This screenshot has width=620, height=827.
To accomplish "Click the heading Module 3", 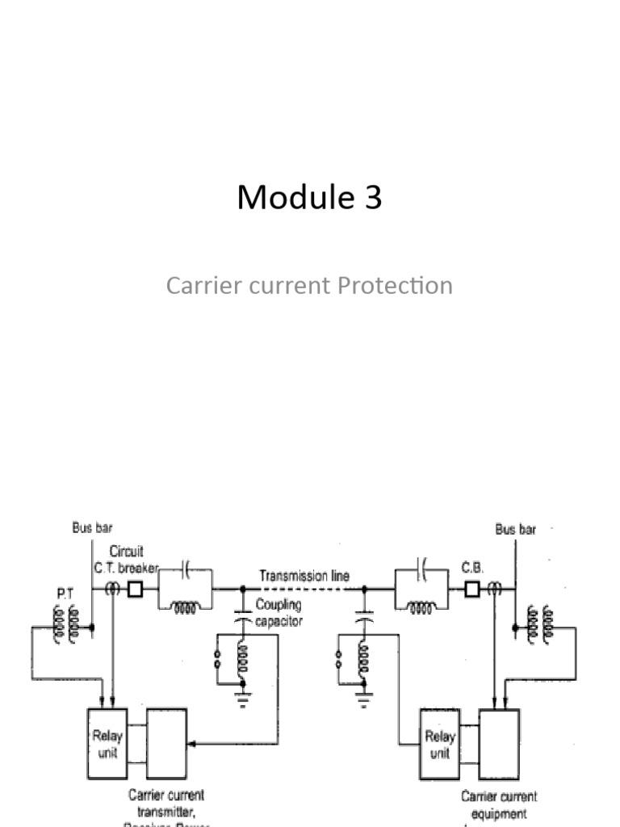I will (309, 198).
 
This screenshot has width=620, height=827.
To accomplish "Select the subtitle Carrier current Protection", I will (309, 285).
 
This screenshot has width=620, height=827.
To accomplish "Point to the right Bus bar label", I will (514, 530).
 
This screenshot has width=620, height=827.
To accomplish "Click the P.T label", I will (65, 593).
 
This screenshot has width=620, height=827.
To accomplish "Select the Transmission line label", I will (304, 577).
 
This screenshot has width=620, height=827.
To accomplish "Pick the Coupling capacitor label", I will (279, 613).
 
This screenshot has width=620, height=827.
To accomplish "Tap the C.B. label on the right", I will (472, 568).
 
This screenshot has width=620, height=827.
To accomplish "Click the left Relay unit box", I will (107, 744).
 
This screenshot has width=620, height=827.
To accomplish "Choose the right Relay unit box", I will (440, 744).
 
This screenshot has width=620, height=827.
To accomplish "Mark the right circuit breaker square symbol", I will (471, 590).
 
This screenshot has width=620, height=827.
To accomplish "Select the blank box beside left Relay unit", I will (166, 744).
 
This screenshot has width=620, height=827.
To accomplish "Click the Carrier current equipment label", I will (498, 804).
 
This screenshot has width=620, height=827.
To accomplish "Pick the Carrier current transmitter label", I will (166, 804).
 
